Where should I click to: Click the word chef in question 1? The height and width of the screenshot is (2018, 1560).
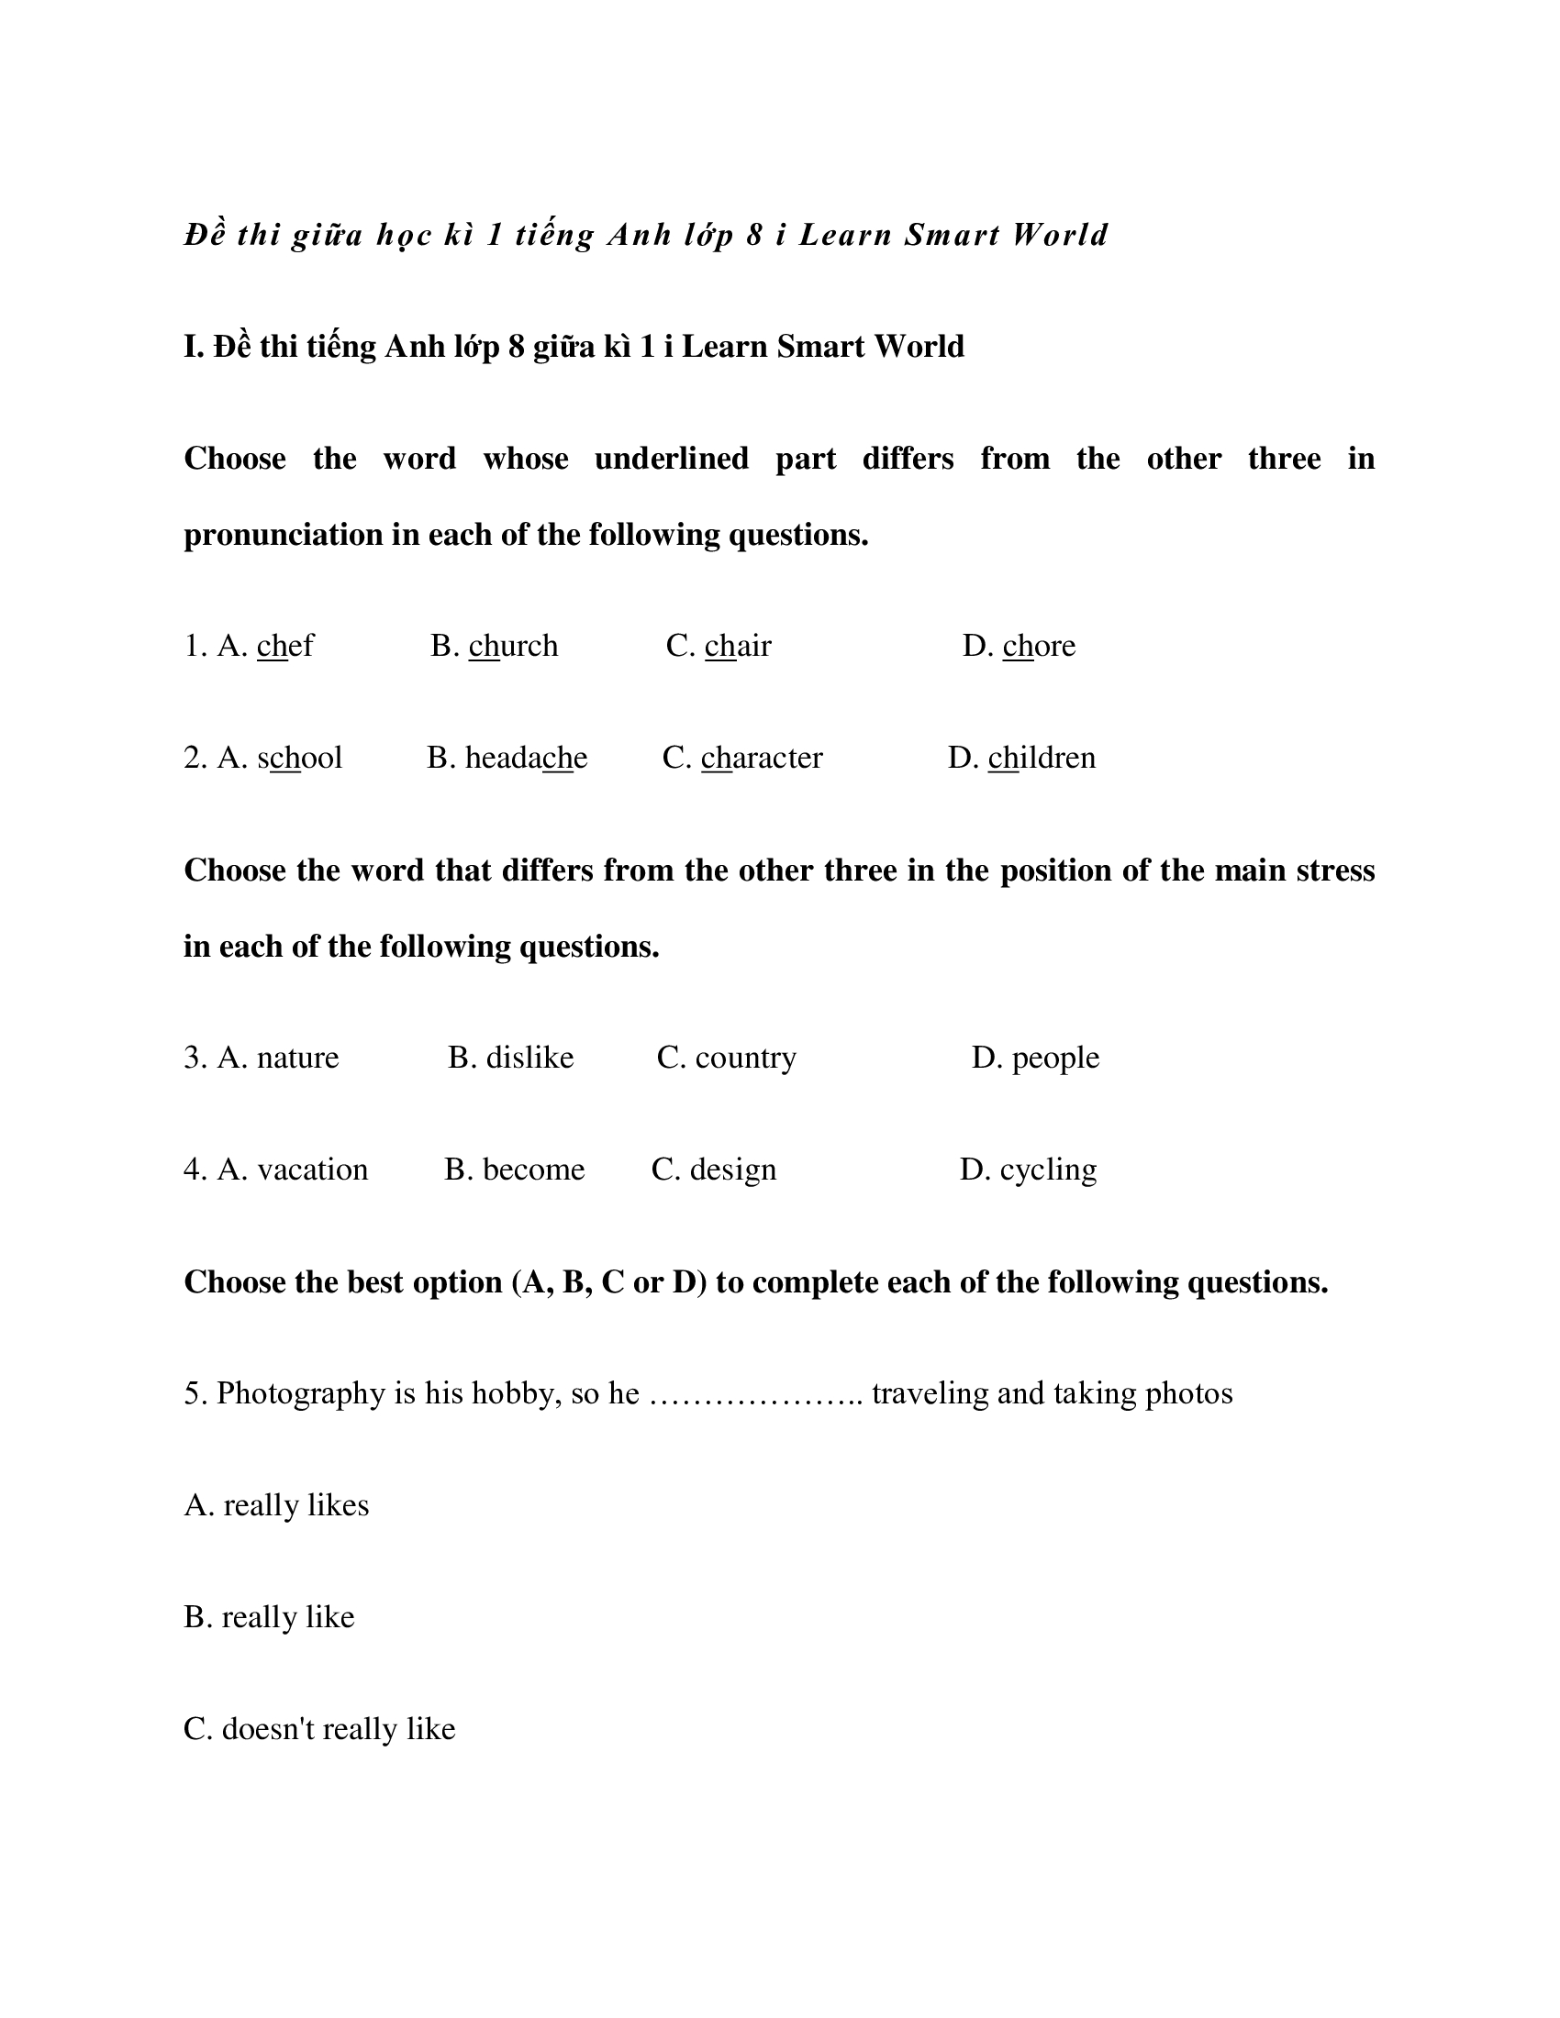(x=284, y=646)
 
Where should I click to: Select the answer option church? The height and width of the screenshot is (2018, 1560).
(x=513, y=646)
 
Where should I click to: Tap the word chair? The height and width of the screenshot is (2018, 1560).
(x=738, y=646)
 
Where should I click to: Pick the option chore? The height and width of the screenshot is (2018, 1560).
(x=1039, y=646)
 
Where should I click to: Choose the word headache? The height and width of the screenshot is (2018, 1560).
(x=526, y=758)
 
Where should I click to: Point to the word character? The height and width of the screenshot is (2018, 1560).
(x=762, y=758)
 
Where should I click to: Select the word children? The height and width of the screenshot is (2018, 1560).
(x=1042, y=758)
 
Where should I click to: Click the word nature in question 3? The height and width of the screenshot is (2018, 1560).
(x=297, y=1057)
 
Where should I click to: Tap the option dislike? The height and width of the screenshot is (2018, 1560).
(x=529, y=1057)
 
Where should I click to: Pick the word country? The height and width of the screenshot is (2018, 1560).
(x=745, y=1057)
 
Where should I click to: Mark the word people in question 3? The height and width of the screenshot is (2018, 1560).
(x=1055, y=1057)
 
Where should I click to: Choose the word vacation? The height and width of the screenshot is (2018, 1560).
(x=312, y=1170)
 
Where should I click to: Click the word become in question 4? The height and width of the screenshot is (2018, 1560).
(x=533, y=1170)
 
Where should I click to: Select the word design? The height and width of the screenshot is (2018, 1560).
(x=733, y=1170)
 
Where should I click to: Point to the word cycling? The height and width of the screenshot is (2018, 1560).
(x=1048, y=1170)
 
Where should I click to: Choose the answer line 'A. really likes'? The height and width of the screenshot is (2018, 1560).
(x=276, y=1505)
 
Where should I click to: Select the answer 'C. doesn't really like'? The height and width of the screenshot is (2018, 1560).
(x=319, y=1729)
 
